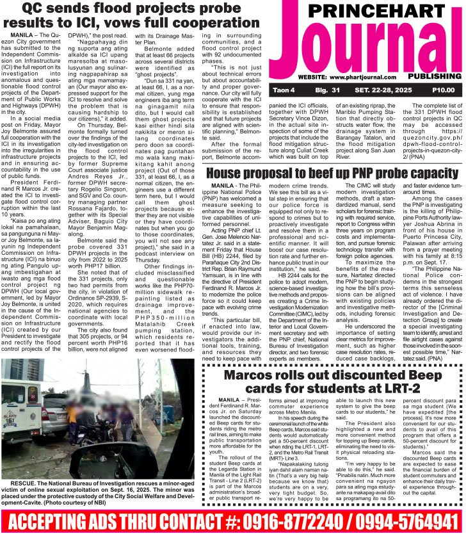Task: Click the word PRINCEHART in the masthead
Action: click(x=367, y=12)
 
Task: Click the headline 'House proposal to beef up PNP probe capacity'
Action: click(x=333, y=175)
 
